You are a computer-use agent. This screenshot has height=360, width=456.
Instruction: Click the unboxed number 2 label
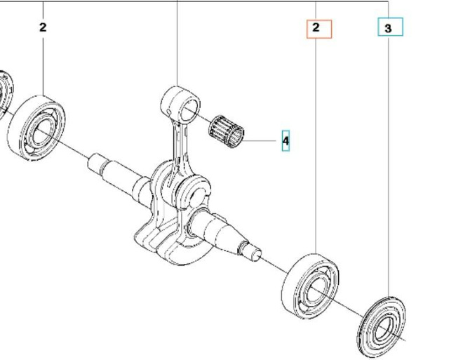[43, 27]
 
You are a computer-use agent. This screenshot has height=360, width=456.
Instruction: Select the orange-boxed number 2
[316, 28]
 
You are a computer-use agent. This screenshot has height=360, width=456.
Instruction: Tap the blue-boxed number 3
[389, 28]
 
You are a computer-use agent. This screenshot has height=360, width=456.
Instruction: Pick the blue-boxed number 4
[286, 141]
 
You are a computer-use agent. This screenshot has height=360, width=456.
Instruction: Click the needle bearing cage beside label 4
[227, 128]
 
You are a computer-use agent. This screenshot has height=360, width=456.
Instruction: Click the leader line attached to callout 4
[263, 140]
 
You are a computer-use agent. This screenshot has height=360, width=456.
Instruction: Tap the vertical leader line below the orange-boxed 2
[316, 140]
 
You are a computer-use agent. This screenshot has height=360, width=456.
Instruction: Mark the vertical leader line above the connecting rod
[177, 42]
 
